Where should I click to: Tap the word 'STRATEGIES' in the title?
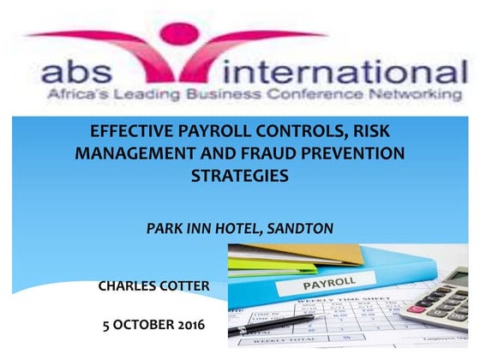pos(239,177)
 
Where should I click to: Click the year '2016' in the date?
pos(189,326)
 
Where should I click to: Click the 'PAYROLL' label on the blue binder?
pos(327,282)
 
